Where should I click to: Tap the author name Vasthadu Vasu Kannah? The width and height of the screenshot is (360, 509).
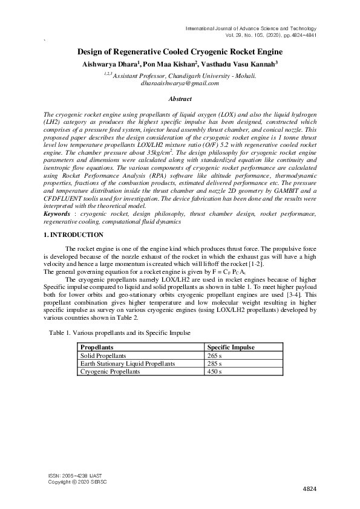[241, 63]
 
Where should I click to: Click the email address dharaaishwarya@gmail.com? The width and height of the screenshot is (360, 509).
[180, 83]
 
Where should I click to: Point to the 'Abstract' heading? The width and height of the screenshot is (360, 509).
[180, 99]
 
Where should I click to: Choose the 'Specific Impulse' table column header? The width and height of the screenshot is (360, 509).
[231, 348]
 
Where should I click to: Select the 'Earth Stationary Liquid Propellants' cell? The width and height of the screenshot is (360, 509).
[128, 364]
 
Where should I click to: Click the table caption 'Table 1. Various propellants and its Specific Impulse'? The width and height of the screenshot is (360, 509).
[120, 333]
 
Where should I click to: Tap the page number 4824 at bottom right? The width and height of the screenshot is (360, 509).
[309, 488]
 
